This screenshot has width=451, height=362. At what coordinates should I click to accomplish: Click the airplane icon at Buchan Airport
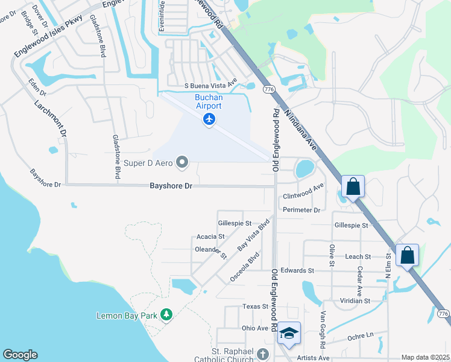point(209,120)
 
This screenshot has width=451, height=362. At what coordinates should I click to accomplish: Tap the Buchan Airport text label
point(209,101)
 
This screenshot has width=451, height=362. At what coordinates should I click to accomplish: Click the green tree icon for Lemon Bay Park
point(167,315)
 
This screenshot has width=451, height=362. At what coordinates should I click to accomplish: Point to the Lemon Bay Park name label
point(127,316)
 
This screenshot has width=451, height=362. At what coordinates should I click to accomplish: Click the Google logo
point(20,355)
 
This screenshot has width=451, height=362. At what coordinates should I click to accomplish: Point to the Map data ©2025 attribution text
point(425,357)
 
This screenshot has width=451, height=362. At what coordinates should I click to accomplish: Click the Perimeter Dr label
point(301,210)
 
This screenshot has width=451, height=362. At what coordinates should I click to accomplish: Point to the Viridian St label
point(355,300)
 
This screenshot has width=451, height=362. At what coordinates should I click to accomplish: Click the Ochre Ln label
point(361,335)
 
